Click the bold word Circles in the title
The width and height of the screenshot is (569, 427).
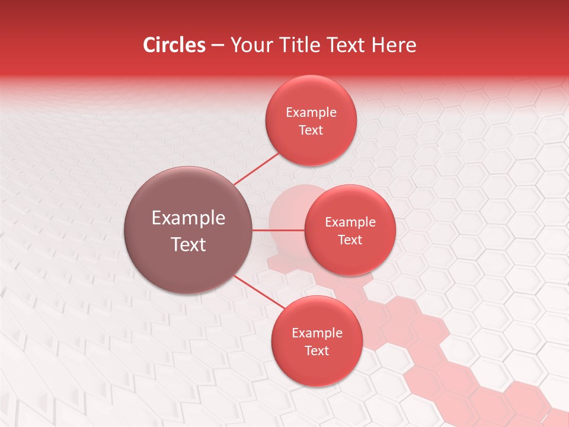[174, 45]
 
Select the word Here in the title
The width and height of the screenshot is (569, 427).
[394, 45]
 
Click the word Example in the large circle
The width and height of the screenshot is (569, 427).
[188, 218]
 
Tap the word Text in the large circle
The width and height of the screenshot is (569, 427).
[188, 244]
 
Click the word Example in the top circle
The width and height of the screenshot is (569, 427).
[311, 113]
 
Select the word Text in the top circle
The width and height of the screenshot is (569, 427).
[311, 130]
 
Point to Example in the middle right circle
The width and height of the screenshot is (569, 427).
[350, 222]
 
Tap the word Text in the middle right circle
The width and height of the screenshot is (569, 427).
[350, 240]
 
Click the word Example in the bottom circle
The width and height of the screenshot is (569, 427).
[317, 333]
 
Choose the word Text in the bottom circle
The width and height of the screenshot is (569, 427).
[317, 350]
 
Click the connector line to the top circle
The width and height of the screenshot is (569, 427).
[256, 168]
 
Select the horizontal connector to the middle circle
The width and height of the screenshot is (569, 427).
[279, 230]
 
